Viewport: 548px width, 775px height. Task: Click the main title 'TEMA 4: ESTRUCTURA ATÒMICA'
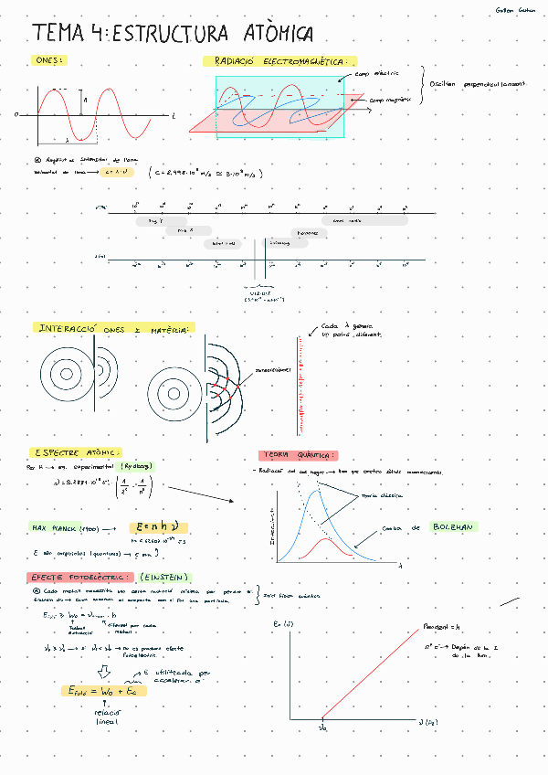(173, 34)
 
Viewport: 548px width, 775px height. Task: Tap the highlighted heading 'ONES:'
(47, 60)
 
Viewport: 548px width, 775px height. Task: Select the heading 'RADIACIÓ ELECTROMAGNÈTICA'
(279, 61)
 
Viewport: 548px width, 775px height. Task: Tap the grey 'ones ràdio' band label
(349, 220)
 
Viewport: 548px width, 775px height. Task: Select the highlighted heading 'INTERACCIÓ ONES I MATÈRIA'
(114, 328)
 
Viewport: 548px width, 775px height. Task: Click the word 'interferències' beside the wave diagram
(272, 370)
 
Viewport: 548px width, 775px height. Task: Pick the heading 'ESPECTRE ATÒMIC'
(75, 451)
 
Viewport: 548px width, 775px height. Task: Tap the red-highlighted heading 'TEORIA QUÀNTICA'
(299, 455)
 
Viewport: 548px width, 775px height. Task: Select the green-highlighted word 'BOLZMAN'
(454, 527)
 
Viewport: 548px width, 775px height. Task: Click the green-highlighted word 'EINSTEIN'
(165, 578)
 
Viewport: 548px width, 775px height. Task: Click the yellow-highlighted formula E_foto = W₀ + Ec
(96, 691)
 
